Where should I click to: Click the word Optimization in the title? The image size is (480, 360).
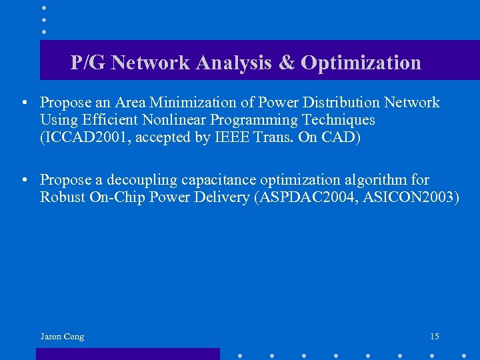(x=361, y=63)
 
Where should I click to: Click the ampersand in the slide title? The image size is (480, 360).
(x=286, y=63)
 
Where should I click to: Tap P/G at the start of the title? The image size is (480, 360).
(x=88, y=63)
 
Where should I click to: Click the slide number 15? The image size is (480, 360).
(x=435, y=337)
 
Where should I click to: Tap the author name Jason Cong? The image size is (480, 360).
(x=62, y=337)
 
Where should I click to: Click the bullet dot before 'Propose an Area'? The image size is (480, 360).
(x=23, y=103)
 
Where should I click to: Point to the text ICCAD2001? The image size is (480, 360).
(x=77, y=137)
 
